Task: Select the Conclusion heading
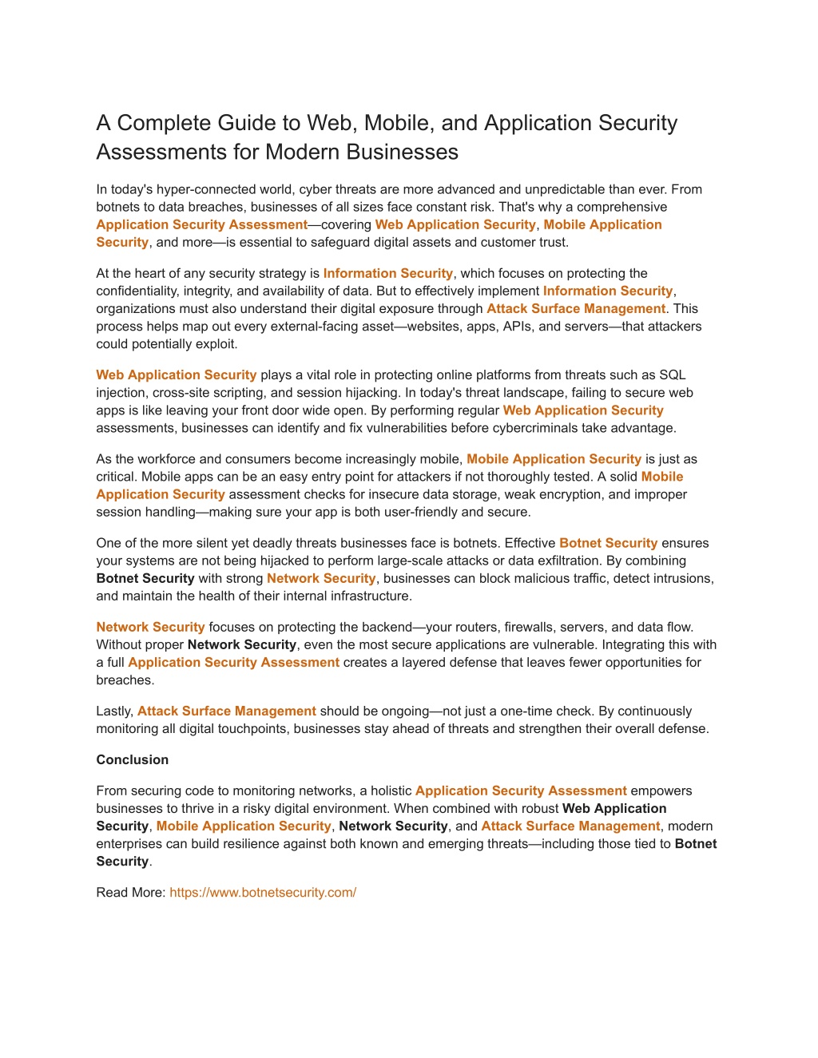[x=133, y=760]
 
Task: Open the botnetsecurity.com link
[x=263, y=893]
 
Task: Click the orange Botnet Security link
[x=608, y=543]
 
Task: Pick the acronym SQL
[x=673, y=375]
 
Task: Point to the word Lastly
[x=114, y=711]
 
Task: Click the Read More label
[x=130, y=893]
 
